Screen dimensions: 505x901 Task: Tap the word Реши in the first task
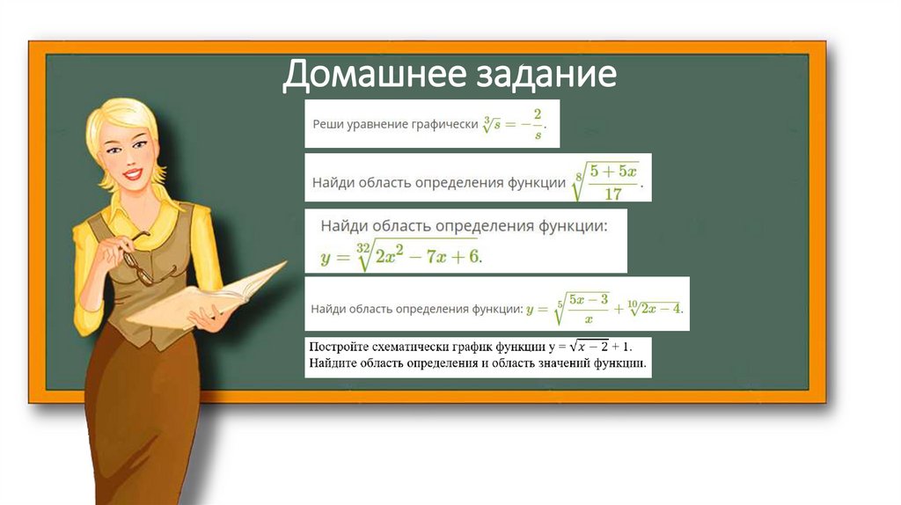coord(329,124)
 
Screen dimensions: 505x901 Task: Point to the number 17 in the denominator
coord(613,194)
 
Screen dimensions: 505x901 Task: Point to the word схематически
coord(414,346)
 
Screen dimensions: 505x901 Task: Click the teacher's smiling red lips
coord(132,174)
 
